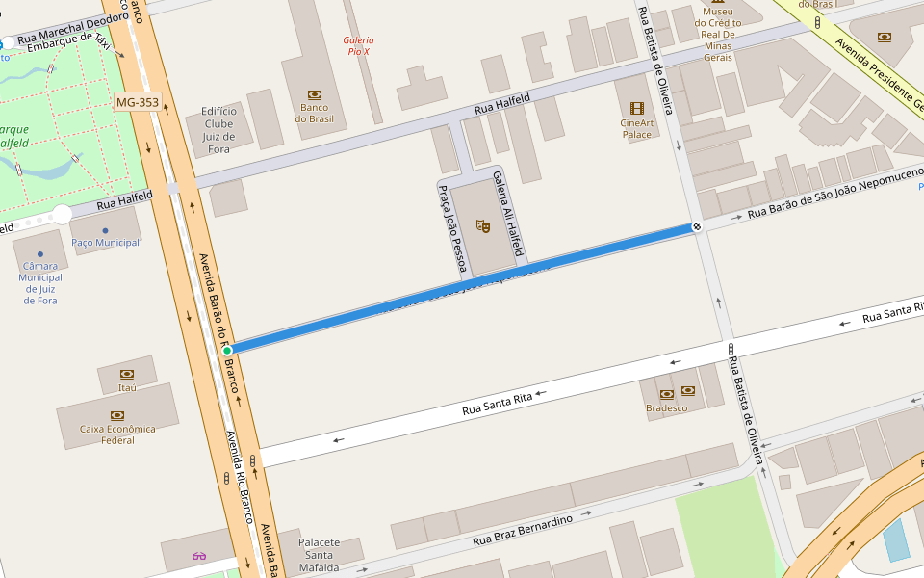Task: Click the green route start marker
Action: coord(227,350)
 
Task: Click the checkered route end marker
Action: coord(696,227)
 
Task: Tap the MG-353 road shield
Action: coord(137,101)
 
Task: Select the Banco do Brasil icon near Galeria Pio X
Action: coord(314,94)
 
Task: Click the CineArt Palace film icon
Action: coord(636,108)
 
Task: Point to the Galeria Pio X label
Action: coord(357,45)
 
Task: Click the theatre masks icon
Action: coord(483,226)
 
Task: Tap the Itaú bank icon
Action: coord(127,374)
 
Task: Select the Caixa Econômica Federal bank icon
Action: coord(117,415)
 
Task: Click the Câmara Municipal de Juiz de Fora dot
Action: coord(39,255)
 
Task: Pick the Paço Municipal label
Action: coord(105,243)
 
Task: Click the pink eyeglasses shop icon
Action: coord(199,556)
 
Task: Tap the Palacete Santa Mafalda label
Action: coord(320,555)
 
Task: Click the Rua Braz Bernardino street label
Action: coord(522,531)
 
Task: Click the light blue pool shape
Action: coord(896,539)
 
